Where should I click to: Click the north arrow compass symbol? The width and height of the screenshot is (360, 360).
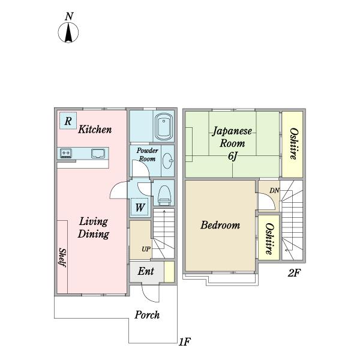[x=68, y=32]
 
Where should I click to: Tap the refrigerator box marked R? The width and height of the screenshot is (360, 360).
[x=68, y=121]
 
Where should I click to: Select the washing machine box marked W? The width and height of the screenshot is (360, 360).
[x=139, y=208]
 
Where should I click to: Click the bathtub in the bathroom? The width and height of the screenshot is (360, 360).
[x=164, y=127]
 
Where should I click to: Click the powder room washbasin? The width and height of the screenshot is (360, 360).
[x=168, y=160]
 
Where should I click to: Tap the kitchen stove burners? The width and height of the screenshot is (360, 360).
[x=66, y=153]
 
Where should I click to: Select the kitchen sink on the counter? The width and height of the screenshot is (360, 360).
[x=98, y=154]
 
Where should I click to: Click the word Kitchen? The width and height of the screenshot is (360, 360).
[x=95, y=129]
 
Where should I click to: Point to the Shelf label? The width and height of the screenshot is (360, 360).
[x=62, y=257]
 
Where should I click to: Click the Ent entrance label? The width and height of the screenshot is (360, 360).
[x=146, y=271]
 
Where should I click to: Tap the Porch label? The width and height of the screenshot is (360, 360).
[x=147, y=315]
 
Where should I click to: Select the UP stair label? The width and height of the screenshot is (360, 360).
[x=146, y=249]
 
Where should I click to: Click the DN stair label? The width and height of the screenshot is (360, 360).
[x=274, y=190]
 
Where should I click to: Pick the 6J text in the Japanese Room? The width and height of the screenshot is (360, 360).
[x=232, y=156]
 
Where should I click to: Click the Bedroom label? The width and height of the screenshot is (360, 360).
[x=220, y=225]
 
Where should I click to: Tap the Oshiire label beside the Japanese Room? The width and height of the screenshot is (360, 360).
[x=294, y=144]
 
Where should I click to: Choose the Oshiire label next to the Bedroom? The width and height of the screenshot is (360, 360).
[x=269, y=239]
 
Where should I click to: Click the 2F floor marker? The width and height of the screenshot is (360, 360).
[x=294, y=273]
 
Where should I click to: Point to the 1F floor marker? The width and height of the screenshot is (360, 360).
[x=185, y=342]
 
